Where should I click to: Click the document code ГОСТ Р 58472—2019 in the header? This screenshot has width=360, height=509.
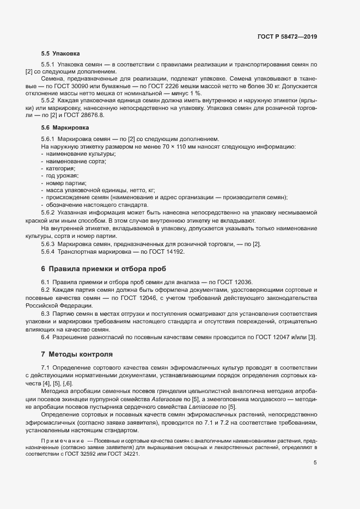(x=287, y=36)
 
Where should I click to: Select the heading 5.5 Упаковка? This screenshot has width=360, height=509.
(x=60, y=54)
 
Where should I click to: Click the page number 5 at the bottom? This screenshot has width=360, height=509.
(x=315, y=463)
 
